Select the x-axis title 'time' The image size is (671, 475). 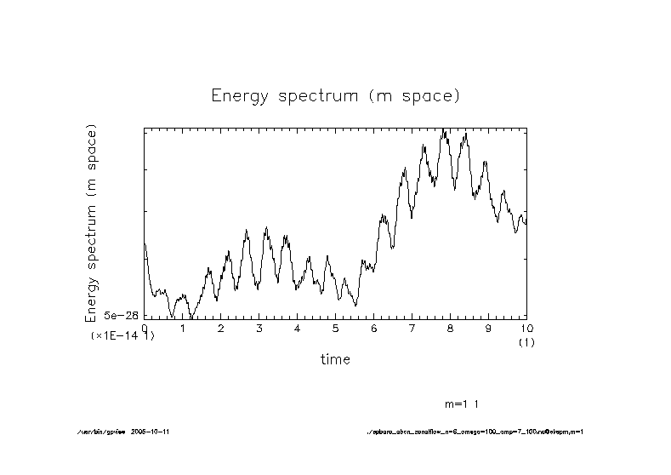335,359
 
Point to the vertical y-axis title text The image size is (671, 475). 91,223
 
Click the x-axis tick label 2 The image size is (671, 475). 221,329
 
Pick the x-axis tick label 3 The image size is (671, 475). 259,329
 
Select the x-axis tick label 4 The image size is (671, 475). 298,329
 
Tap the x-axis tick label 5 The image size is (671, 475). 336,329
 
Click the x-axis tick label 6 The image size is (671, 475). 374,329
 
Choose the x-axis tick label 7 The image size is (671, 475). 412,329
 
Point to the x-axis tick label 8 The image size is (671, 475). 451,329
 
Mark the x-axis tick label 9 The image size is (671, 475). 488,329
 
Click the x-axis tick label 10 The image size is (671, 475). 526,329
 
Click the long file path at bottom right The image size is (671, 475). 473,432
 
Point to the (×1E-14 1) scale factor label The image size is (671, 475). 122,336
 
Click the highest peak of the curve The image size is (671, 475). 444,130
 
